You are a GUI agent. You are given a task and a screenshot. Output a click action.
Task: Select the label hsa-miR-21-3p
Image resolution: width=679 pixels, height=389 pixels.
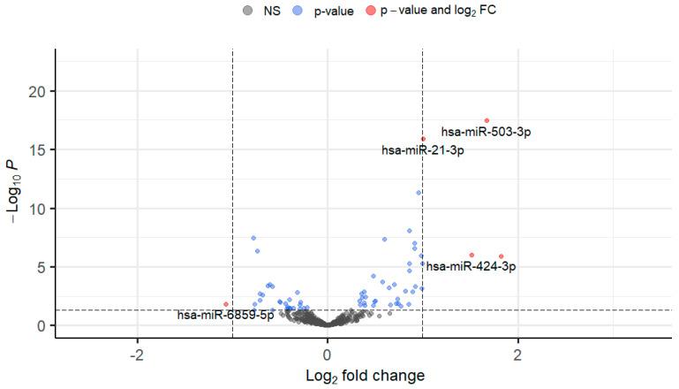[423, 150]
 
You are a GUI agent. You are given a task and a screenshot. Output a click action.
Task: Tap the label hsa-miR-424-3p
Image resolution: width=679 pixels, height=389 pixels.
[471, 266]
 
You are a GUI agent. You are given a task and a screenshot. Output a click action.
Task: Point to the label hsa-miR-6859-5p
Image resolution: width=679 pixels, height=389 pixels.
[225, 315]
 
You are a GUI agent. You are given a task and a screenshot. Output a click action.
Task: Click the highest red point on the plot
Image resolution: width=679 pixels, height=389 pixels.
[487, 120]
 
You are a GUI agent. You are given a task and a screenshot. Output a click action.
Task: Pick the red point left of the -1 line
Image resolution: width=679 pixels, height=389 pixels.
[226, 304]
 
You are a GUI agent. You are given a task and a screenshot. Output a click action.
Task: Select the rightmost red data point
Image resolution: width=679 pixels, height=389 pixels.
[502, 256]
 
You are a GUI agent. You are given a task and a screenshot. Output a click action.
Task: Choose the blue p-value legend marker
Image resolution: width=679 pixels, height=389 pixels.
[298, 11]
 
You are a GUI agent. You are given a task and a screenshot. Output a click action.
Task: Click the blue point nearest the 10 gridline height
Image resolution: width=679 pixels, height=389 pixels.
[419, 193]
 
